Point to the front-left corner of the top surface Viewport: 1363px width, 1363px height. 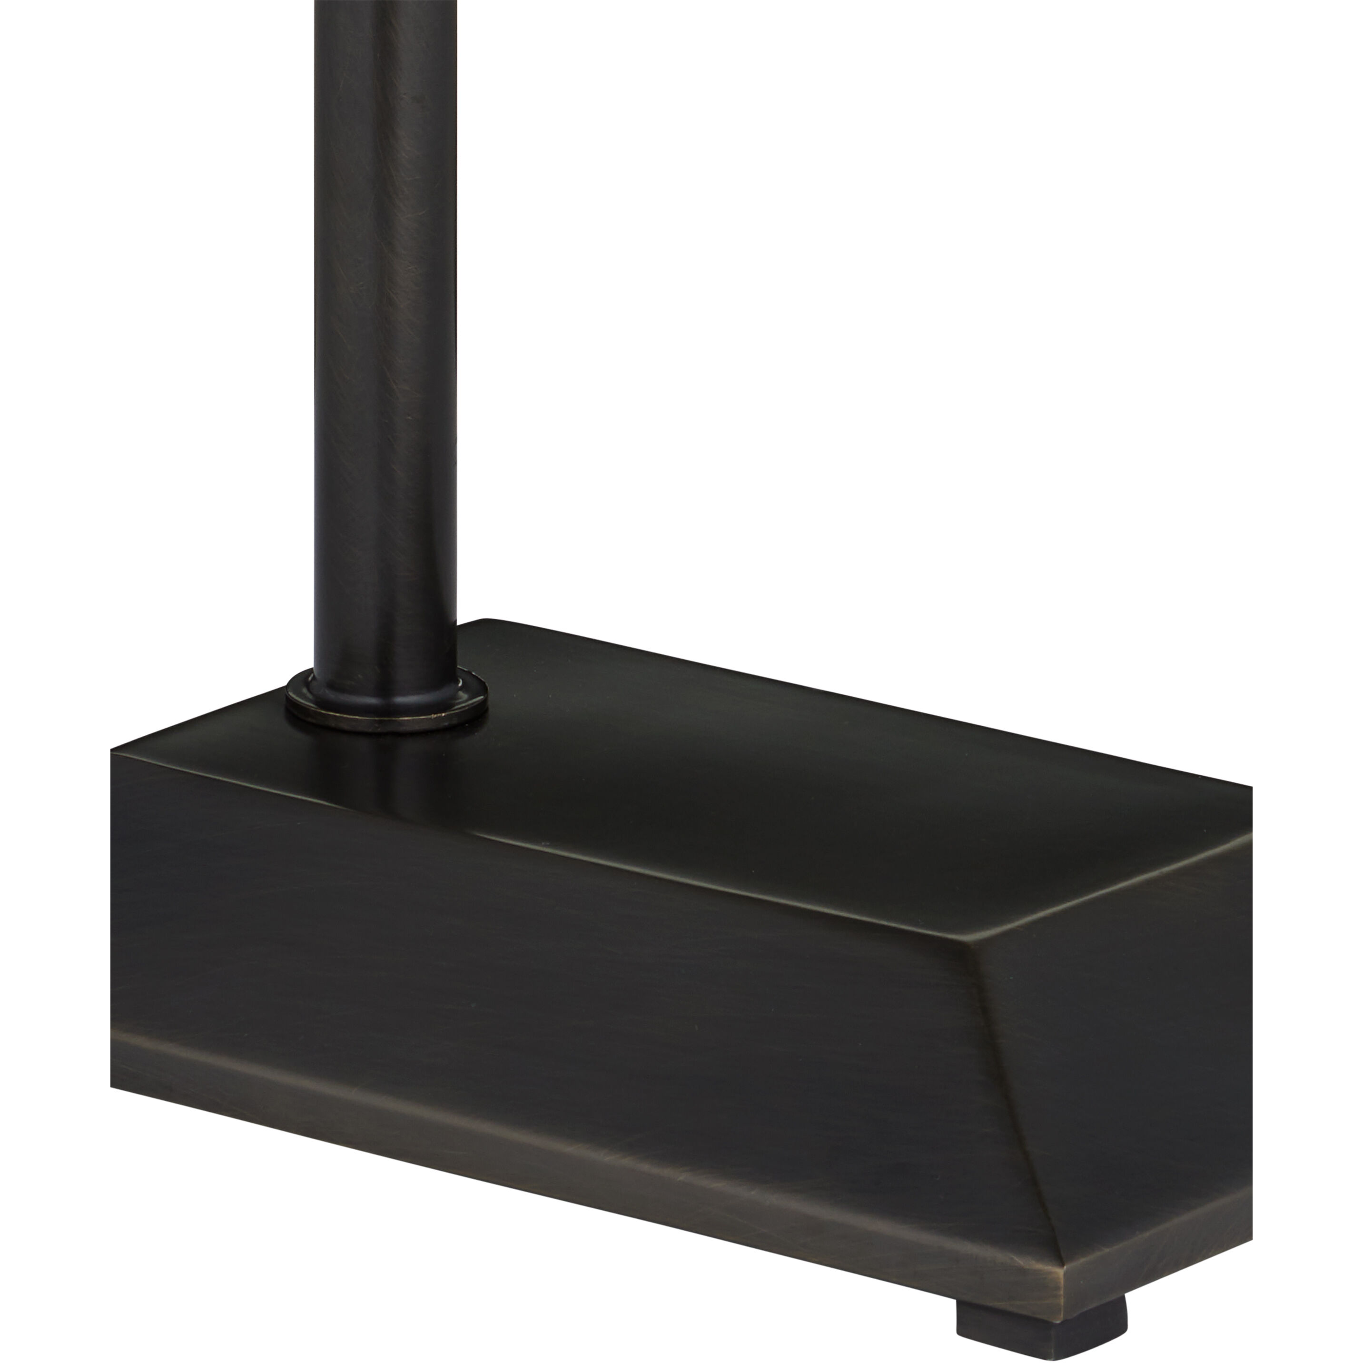pyautogui.click(x=117, y=753)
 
